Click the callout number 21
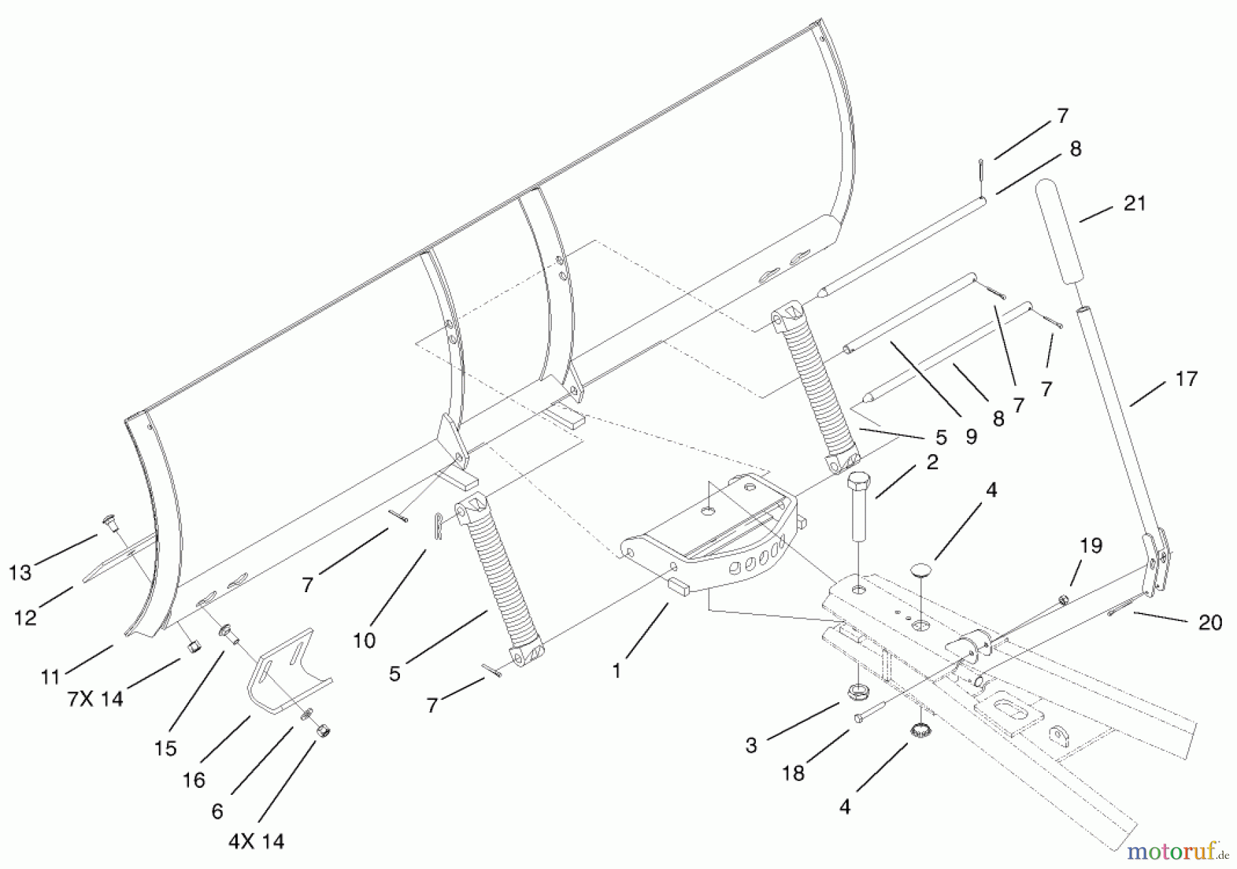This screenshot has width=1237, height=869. pyautogui.click(x=1134, y=204)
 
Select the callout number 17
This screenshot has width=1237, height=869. pyautogui.click(x=1187, y=379)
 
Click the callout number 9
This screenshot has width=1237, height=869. pyautogui.click(x=971, y=437)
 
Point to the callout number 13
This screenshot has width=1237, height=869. pyautogui.click(x=21, y=573)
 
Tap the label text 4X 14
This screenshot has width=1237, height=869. pyautogui.click(x=256, y=842)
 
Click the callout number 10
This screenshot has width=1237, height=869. pyautogui.click(x=364, y=640)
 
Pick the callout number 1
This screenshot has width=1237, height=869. pyautogui.click(x=617, y=670)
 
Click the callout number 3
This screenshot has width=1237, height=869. pyautogui.click(x=751, y=745)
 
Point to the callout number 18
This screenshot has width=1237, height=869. pyautogui.click(x=793, y=774)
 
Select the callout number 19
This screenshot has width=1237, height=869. pyautogui.click(x=1091, y=545)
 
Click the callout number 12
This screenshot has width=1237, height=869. pyautogui.click(x=25, y=618)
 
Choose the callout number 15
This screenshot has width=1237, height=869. pyautogui.click(x=166, y=748)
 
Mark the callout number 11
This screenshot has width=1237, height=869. pyautogui.click(x=51, y=677)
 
